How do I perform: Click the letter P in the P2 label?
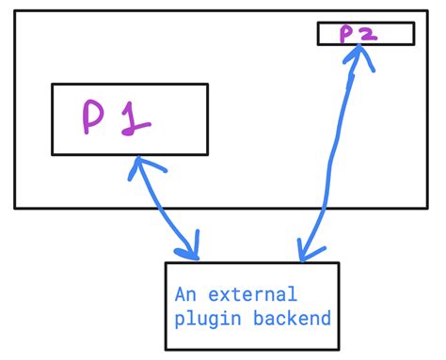[x=346, y=33]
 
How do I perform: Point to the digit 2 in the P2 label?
[x=366, y=33]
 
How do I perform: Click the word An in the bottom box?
[x=185, y=294]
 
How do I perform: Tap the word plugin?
[x=200, y=319]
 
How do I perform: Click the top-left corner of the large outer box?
[x=15, y=12]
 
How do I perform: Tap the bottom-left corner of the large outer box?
[x=15, y=207]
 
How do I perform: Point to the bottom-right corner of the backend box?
[x=338, y=352]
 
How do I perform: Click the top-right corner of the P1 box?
[x=207, y=85]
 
